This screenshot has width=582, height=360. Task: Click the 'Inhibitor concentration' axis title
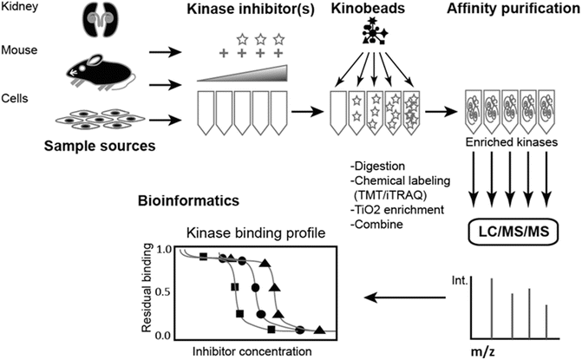250,351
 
